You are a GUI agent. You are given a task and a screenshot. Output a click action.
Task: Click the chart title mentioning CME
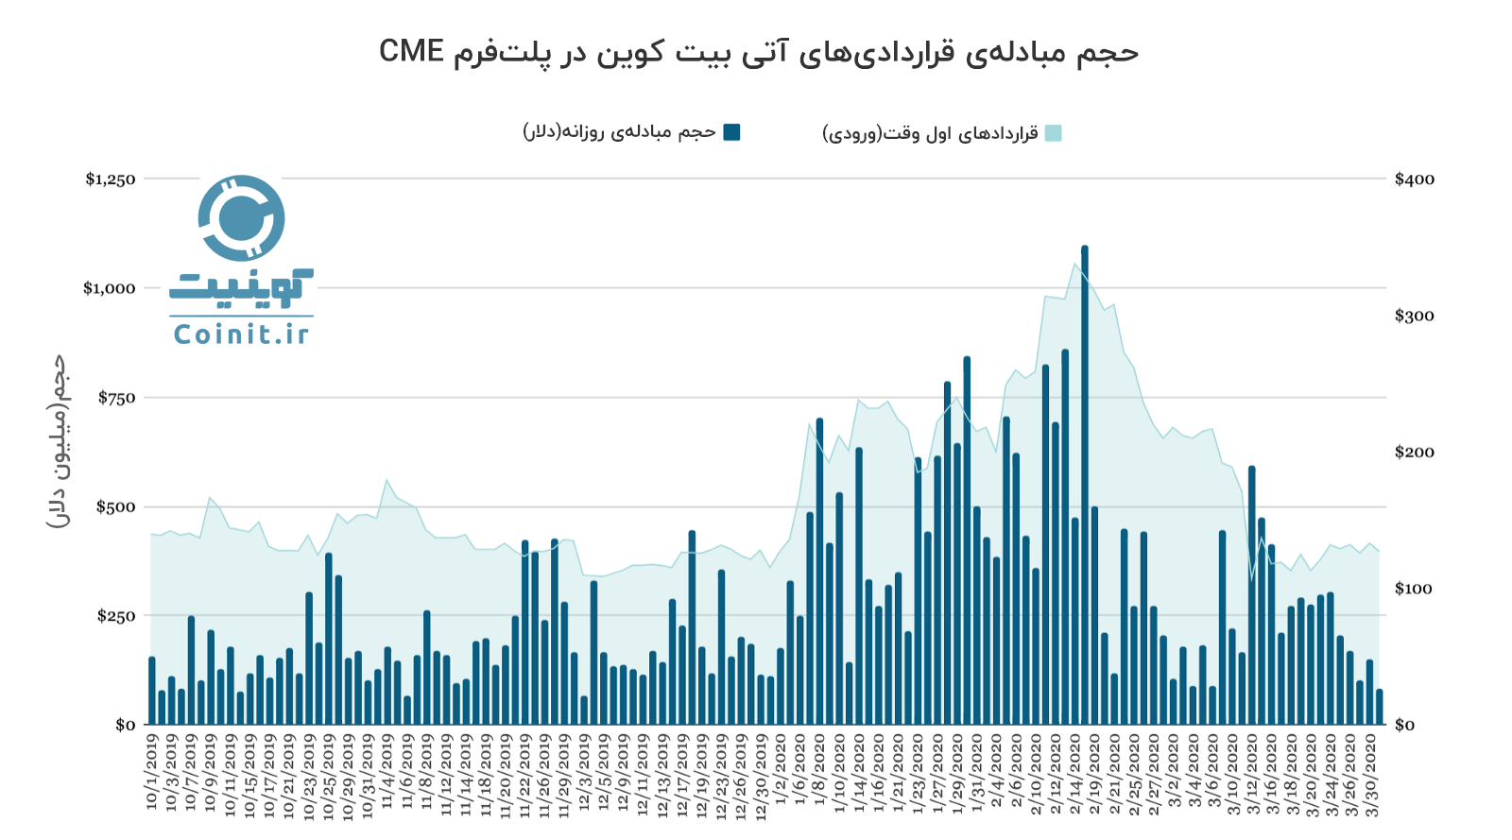(759, 51)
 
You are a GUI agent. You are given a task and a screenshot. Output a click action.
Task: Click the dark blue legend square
(731, 132)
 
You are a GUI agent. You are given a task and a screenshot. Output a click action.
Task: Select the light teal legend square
(1053, 133)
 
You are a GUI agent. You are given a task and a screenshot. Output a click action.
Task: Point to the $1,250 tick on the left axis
(111, 180)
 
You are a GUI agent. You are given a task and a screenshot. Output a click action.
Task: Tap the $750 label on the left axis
(117, 398)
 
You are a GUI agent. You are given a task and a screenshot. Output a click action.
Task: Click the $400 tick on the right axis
(1414, 180)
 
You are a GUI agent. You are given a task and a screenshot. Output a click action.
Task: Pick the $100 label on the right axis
(1414, 589)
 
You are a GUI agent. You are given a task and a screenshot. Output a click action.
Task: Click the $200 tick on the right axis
(1414, 453)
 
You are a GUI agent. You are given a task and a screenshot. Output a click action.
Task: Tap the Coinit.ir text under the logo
(241, 334)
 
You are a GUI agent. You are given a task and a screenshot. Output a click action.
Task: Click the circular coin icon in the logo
(241, 218)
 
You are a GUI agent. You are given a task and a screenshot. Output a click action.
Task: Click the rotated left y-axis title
(59, 441)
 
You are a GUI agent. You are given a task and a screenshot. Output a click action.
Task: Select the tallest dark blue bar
(1085, 485)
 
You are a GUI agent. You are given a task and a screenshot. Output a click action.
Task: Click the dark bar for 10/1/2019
(152, 691)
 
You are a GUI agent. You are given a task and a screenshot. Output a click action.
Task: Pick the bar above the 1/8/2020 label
(819, 572)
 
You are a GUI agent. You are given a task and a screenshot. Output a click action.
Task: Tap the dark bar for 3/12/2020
(1252, 595)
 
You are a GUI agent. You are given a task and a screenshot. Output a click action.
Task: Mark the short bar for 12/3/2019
(584, 711)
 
